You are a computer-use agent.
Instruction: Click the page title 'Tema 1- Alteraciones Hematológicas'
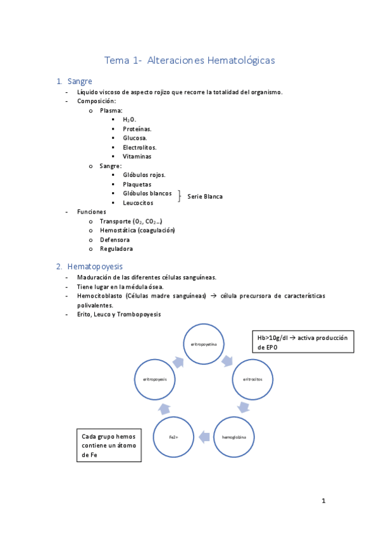pyautogui.click(x=189, y=61)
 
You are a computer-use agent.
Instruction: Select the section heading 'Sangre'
pyautogui.click(x=80, y=82)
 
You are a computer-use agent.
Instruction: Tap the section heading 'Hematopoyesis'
pyautogui.click(x=94, y=266)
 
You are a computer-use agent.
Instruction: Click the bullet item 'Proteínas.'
pyautogui.click(x=137, y=128)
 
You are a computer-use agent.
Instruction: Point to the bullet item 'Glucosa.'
pyautogui.click(x=135, y=138)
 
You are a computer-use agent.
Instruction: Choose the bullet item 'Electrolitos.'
pyautogui.click(x=139, y=147)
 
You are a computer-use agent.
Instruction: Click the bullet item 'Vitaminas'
pyautogui.click(x=137, y=156)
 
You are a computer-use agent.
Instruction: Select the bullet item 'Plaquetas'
pyautogui.click(x=137, y=184)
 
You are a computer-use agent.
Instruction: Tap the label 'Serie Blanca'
pyautogui.click(x=205, y=197)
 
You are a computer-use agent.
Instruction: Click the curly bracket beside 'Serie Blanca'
pyautogui.click(x=180, y=197)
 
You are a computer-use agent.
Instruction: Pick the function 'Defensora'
pyautogui.click(x=115, y=240)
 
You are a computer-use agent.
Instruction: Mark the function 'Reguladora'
pyautogui.click(x=116, y=249)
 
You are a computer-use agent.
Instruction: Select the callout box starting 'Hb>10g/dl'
pyautogui.click(x=301, y=342)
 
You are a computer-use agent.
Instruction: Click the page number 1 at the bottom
pyautogui.click(x=323, y=501)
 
